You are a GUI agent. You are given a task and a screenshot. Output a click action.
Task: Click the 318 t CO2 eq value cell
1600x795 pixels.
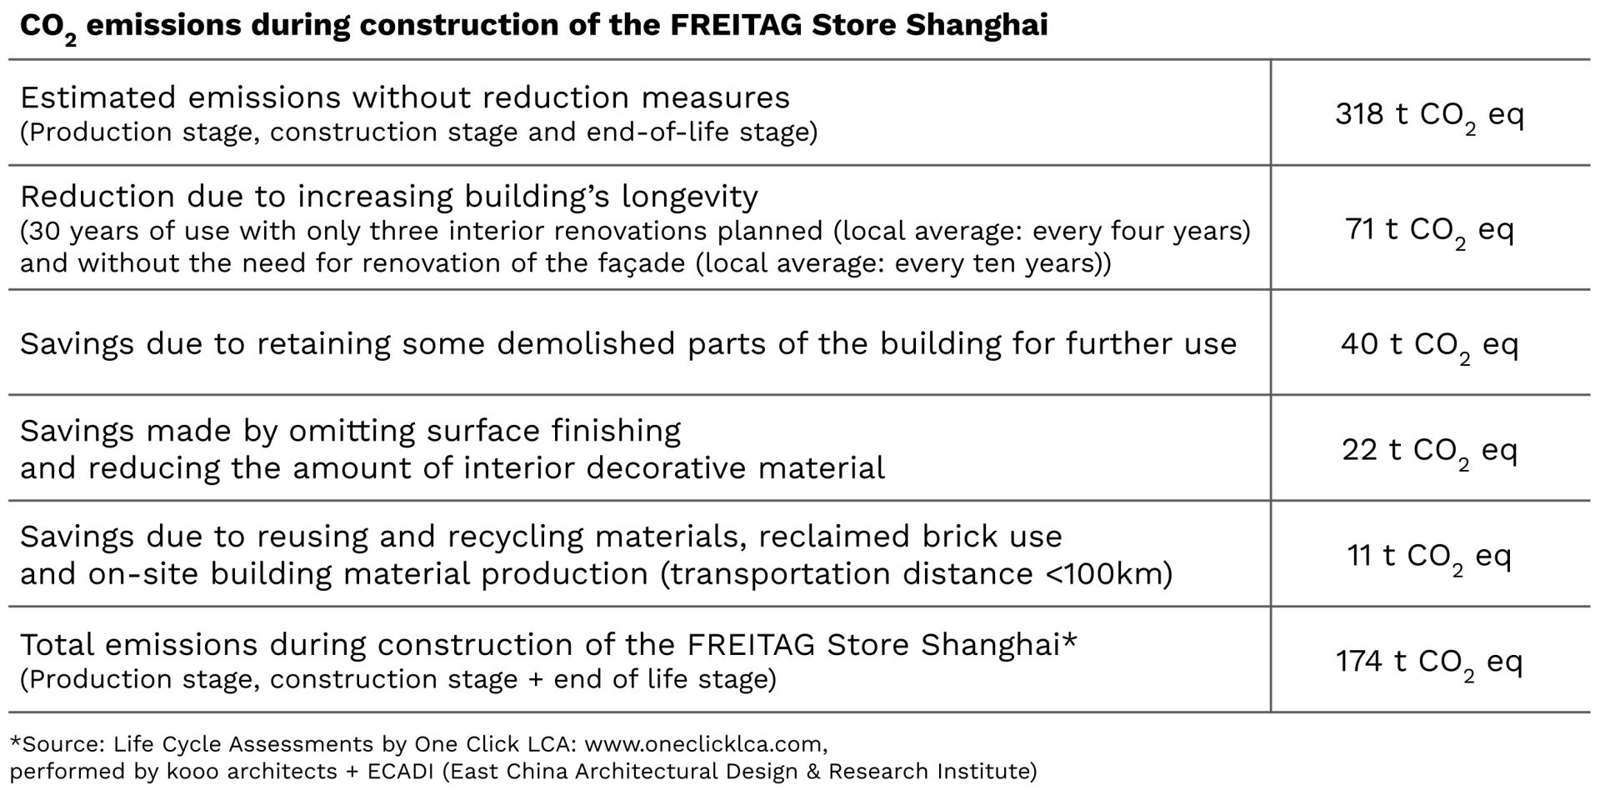pyautogui.click(x=1429, y=114)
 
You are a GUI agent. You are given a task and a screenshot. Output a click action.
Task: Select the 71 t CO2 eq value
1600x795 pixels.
pyautogui.click(x=1429, y=229)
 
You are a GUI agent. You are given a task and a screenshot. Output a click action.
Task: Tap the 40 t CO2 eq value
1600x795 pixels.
pyautogui.click(x=1429, y=344)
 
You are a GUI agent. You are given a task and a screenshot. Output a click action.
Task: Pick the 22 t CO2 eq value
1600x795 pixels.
pyautogui.click(x=1429, y=450)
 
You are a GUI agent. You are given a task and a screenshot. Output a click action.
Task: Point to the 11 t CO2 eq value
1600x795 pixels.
pyautogui.click(x=1429, y=556)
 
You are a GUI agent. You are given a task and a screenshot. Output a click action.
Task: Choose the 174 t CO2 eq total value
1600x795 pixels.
pyautogui.click(x=1429, y=662)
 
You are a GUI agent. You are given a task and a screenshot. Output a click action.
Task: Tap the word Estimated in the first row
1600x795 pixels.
pyautogui.click(x=97, y=97)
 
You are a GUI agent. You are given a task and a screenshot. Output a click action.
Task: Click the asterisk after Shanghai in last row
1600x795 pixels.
pyautogui.click(x=1070, y=640)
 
